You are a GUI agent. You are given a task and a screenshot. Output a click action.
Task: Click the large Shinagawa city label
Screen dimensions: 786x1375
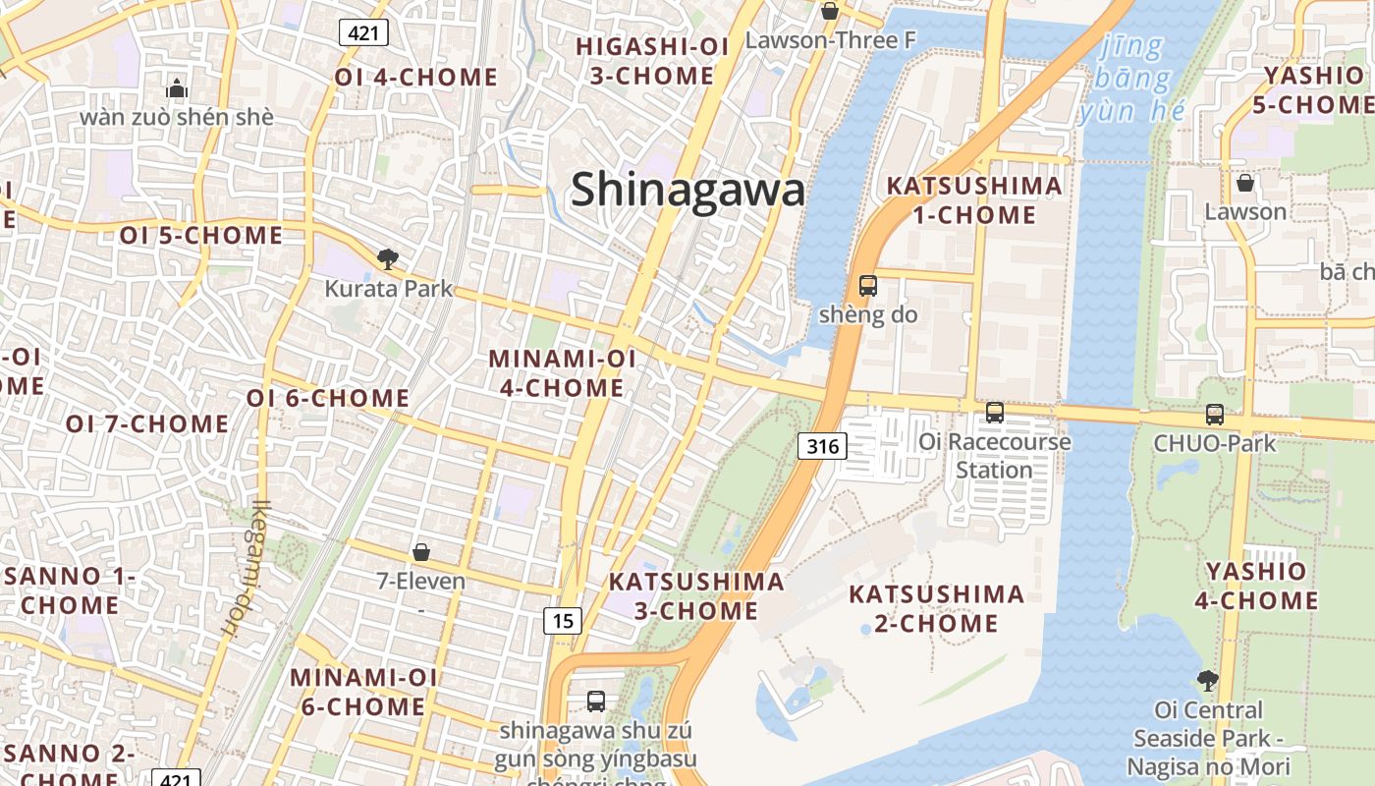coord(687,189)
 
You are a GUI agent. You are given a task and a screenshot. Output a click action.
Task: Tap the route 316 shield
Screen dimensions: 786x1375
coord(821,447)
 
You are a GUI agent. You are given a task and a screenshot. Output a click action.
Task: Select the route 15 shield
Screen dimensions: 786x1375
coord(563,620)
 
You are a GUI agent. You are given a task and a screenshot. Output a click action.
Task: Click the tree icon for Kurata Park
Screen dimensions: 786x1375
coord(388,259)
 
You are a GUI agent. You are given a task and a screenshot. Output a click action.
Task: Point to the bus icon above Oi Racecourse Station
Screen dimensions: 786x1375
coord(995,413)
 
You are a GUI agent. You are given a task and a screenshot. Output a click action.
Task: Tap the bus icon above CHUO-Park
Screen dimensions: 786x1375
coord(1215,415)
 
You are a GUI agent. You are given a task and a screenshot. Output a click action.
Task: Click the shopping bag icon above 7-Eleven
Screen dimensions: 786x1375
coord(421,552)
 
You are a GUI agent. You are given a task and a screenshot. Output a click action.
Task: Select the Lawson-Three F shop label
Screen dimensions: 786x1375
coord(830,40)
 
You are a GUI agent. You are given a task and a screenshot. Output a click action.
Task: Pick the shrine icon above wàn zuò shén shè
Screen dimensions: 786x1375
coord(177,88)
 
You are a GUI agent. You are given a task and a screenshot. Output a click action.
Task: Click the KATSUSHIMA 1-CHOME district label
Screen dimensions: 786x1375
coord(973,199)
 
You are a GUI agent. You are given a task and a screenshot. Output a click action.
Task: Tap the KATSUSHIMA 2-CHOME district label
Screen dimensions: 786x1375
coord(936,608)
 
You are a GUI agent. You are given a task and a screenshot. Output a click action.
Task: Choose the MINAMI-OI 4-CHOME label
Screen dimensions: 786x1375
coord(562,372)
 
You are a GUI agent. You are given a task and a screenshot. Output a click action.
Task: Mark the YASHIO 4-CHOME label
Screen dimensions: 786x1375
coord(1256,586)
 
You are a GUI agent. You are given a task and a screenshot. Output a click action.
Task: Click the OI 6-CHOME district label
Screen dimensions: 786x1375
coord(327,398)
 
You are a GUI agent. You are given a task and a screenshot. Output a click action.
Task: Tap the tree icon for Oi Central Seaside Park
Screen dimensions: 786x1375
coord(1208,680)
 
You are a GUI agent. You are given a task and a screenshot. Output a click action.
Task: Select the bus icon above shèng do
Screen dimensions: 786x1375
coord(868,286)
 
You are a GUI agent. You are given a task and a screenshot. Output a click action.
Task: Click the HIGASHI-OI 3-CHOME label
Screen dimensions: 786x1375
coord(644,61)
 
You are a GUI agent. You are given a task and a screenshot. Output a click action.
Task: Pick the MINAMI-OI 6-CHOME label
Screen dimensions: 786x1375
coord(363,692)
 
